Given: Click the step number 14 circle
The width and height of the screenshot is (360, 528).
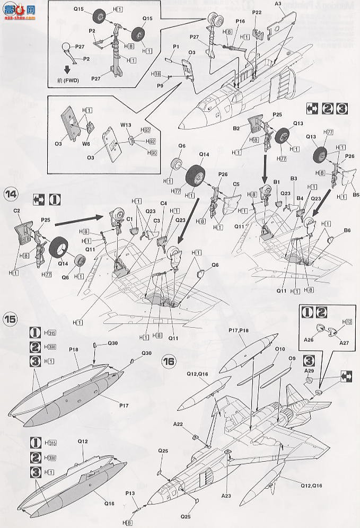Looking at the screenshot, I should click(11, 193).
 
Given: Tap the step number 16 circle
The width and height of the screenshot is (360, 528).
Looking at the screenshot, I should click(169, 362).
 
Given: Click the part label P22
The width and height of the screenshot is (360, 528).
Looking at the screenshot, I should click(257, 12).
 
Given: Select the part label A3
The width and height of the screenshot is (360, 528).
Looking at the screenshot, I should click(278, 4).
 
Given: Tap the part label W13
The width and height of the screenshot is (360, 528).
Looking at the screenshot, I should click(126, 126).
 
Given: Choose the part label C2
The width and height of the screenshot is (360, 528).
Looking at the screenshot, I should click(17, 210).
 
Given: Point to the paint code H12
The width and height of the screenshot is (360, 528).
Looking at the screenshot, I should click(347, 322).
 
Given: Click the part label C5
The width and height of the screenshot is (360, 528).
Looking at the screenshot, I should click(236, 184).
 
